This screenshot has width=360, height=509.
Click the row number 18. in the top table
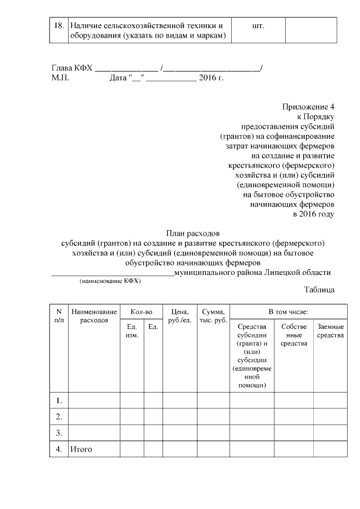pyautogui.click(x=58, y=26)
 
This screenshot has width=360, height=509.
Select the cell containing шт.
pyautogui.click(x=259, y=26)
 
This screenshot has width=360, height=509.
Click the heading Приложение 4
pyautogui.click(x=308, y=106)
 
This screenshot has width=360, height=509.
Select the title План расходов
pyautogui.click(x=192, y=233)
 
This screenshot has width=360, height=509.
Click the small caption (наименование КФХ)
pyautogui.click(x=110, y=280)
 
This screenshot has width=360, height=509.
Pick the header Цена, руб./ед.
pyautogui.click(x=179, y=316)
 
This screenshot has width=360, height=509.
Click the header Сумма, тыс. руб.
pyautogui.click(x=213, y=316)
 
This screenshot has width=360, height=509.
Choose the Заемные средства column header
pyautogui.click(x=330, y=331)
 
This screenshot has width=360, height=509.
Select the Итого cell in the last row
pyautogui.click(x=80, y=449)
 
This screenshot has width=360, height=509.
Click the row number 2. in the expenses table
pyautogui.click(x=58, y=417)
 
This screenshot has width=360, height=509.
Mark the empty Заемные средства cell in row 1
pyautogui.click(x=330, y=400)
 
